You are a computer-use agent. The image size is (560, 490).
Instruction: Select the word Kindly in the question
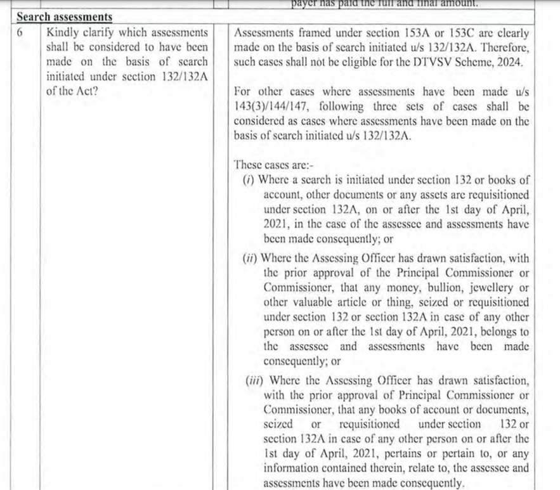click(63, 32)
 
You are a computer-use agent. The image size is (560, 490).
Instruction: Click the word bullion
click(416, 288)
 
